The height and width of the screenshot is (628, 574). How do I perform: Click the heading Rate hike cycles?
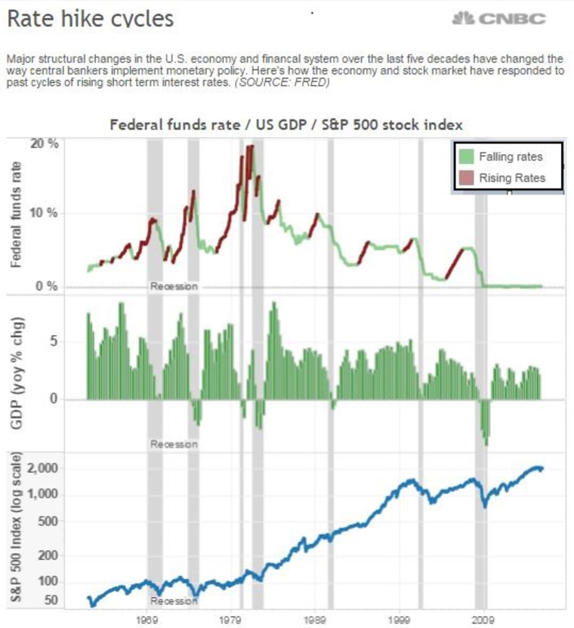point(90,18)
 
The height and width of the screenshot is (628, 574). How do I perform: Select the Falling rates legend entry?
point(511,156)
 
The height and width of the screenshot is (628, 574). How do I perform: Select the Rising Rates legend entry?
point(512,178)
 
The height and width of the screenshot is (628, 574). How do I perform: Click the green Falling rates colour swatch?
point(466,156)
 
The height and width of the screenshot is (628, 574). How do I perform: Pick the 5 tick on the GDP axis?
point(75,341)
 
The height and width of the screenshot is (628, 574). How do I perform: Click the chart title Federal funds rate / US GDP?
point(286,124)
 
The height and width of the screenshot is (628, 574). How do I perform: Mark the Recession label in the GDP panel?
point(174,444)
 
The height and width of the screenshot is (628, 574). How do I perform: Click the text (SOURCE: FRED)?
point(284,82)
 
